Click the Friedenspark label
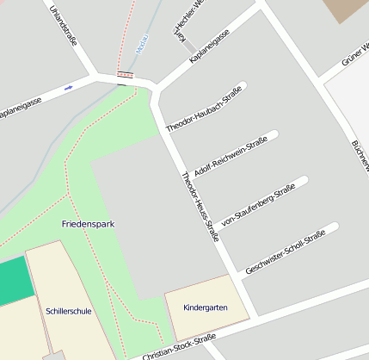pos(88,224)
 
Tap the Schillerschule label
pos(68,310)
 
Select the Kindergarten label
pos(206,307)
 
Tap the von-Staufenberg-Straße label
pos(258,204)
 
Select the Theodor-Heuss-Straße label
pos(200,207)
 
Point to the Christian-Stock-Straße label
pos(178,347)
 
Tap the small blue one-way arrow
pos(68,87)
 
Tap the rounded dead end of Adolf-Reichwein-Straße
pos(274,135)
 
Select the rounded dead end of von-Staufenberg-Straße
pos(303,183)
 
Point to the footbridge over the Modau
pos(126,74)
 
